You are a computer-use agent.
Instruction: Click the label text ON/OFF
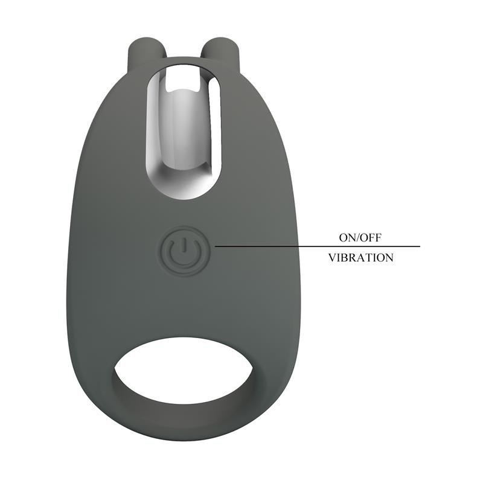[360, 237]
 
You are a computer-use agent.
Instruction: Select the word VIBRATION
[360, 258]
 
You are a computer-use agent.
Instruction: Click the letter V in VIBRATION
[331, 258]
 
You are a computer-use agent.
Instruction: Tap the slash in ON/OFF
[357, 237]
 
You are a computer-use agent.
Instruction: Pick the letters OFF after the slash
[371, 237]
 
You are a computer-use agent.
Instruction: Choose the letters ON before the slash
[347, 237]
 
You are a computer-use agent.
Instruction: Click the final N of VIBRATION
[389, 258]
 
